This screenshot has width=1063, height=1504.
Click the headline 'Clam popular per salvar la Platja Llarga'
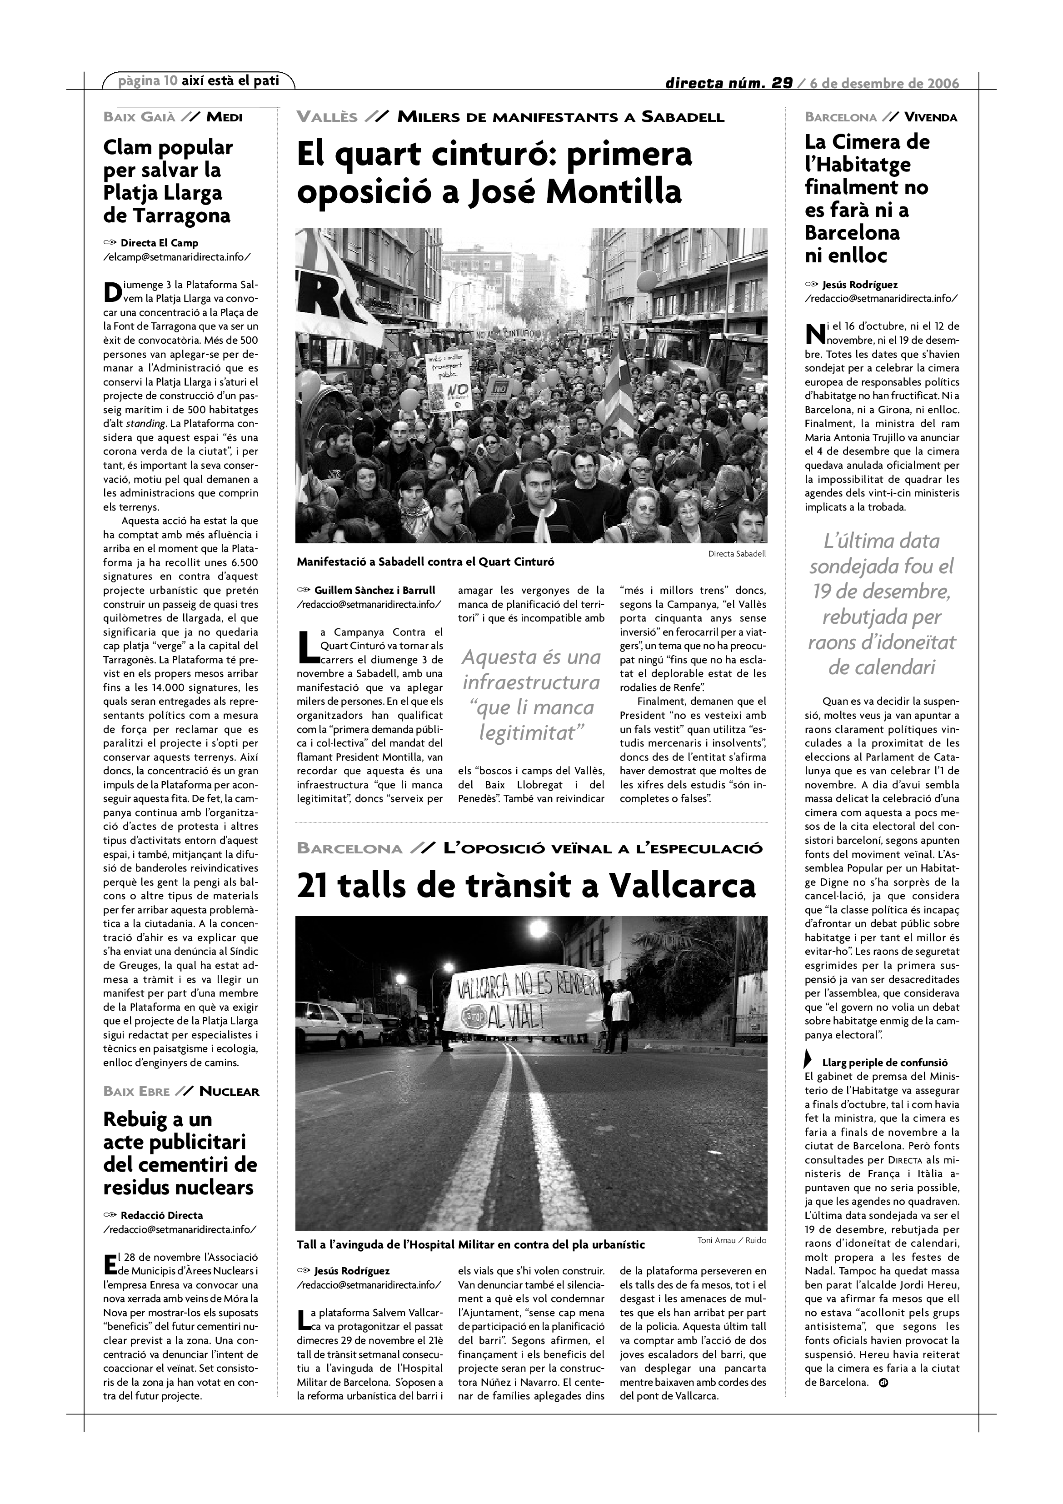(168, 181)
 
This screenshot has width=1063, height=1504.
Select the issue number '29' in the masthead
(781, 83)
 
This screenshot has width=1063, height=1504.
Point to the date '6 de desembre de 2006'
(884, 83)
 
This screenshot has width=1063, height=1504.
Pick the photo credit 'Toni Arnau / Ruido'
(732, 1240)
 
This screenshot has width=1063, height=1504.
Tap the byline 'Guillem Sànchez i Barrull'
(374, 590)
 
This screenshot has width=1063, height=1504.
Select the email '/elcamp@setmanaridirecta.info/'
(177, 257)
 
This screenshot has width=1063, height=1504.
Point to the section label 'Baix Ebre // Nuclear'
(181, 1091)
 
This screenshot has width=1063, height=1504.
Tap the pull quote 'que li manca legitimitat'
(531, 719)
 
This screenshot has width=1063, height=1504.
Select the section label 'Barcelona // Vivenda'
(881, 118)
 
